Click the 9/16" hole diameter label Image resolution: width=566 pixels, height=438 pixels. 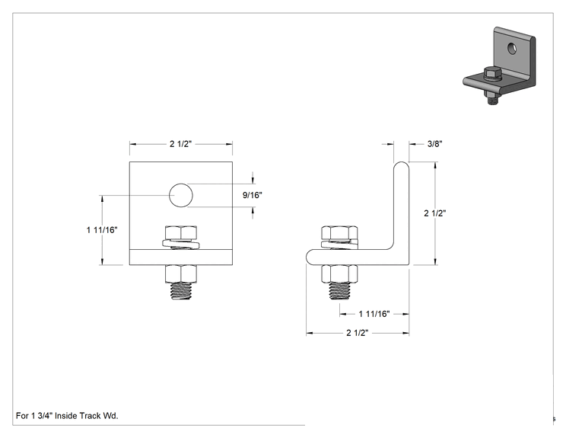(x=252, y=195)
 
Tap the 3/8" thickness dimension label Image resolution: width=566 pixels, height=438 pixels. (x=434, y=144)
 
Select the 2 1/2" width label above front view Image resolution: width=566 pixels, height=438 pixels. (x=180, y=144)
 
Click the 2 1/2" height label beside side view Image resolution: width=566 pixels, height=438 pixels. (x=434, y=213)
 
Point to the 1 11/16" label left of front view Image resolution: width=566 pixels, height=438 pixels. (x=102, y=230)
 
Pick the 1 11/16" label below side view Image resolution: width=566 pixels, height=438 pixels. (x=374, y=314)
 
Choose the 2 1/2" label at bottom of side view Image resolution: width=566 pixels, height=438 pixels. (x=358, y=333)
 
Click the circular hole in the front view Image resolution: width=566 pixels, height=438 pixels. (x=181, y=195)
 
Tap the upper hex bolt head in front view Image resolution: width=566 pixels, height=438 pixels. (x=181, y=233)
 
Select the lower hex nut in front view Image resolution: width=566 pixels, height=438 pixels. (x=181, y=274)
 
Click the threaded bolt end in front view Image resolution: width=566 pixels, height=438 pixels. (x=181, y=291)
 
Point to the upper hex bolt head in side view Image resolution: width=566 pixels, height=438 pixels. (x=339, y=233)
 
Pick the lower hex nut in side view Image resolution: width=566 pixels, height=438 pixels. (x=339, y=274)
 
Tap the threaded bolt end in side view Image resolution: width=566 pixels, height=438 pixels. (x=339, y=291)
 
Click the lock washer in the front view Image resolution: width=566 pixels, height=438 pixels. (x=181, y=245)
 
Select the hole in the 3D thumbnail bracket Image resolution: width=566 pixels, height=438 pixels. (x=512, y=49)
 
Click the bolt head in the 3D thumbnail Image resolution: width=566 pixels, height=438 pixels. (x=492, y=73)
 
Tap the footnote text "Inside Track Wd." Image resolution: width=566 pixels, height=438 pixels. (x=87, y=416)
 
